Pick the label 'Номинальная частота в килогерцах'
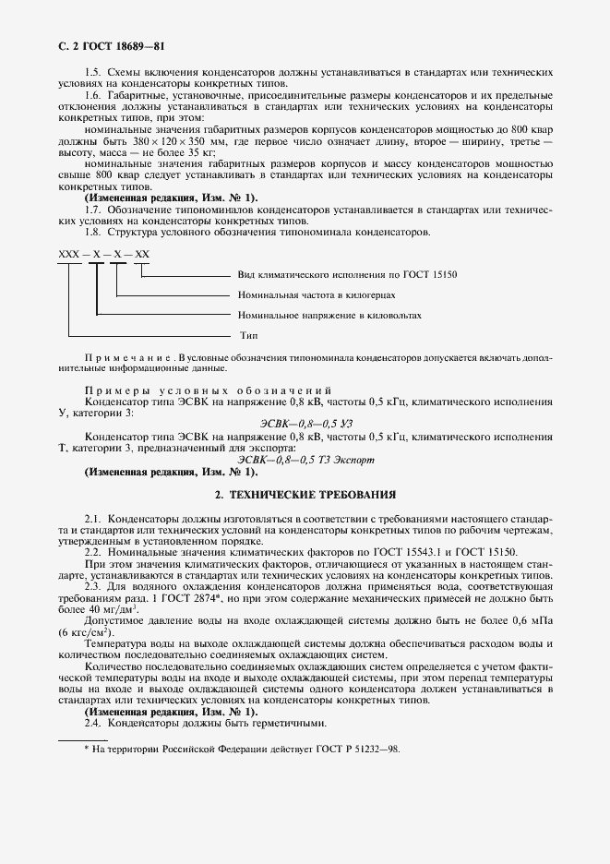tap(317, 295)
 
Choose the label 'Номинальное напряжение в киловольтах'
tap(329, 316)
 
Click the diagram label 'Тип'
tap(248, 335)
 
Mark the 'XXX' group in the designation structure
tap(69, 255)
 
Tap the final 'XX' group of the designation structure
tap(142, 255)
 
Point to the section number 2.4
tap(93, 724)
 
